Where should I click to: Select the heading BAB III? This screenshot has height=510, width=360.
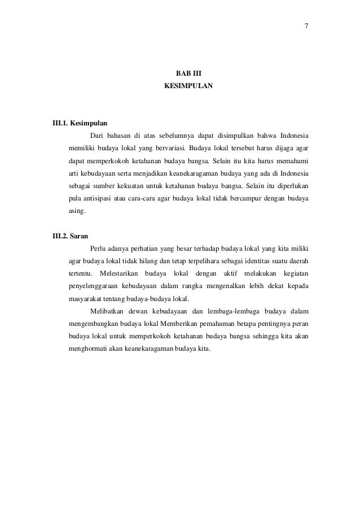(x=188, y=74)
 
